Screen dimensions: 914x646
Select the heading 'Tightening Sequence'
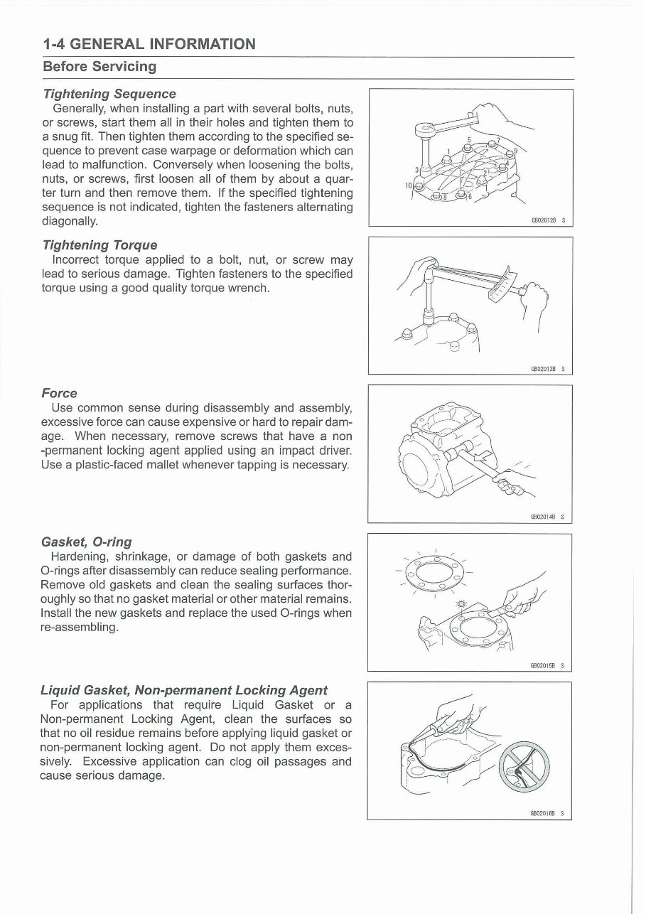(x=109, y=94)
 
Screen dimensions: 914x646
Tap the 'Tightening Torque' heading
(x=100, y=245)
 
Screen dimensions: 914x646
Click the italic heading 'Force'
(x=60, y=393)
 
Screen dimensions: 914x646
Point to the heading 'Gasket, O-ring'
(x=87, y=542)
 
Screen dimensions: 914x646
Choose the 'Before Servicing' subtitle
(x=99, y=67)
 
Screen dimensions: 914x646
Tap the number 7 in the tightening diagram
(x=498, y=139)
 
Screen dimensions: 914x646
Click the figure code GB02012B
(x=544, y=220)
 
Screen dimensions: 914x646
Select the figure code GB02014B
(x=544, y=517)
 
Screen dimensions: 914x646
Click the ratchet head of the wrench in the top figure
(x=426, y=130)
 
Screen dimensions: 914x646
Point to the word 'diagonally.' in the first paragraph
(x=71, y=220)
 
